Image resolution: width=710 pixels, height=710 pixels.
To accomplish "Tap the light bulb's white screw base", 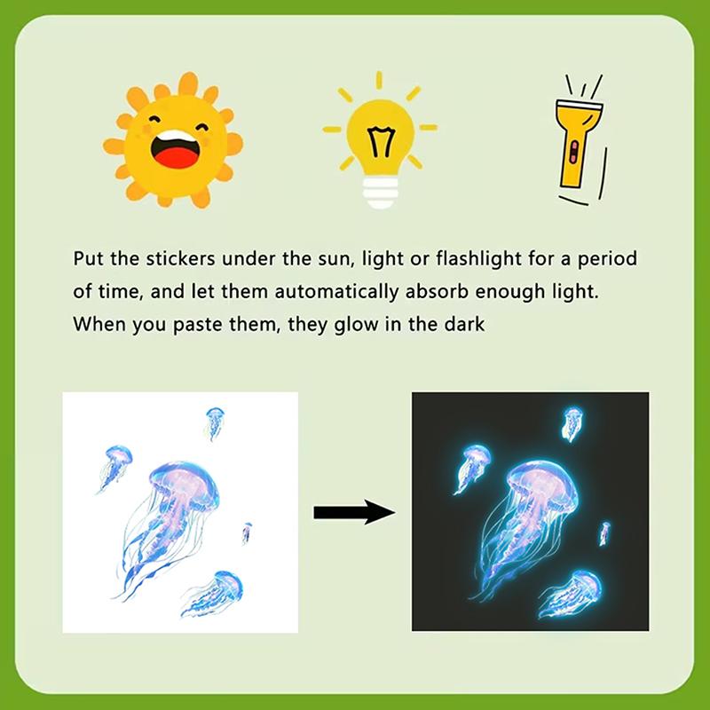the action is [381, 192].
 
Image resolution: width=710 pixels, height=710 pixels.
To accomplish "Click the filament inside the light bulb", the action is [381, 142].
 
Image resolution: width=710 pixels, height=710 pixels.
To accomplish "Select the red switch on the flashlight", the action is [574, 152].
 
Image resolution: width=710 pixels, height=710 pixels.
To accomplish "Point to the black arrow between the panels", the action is [354, 513].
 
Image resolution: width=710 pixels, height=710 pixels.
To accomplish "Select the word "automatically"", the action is [336, 293].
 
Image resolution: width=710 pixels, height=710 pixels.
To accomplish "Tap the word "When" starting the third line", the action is [98, 324].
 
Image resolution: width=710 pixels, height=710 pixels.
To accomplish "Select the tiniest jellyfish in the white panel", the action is [247, 533].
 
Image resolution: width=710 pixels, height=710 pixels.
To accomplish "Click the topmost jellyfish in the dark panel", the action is [572, 423].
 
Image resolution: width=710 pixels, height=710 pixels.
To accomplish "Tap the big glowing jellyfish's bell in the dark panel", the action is [543, 483].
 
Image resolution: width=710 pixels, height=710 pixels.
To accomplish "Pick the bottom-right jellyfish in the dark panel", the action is [572, 594].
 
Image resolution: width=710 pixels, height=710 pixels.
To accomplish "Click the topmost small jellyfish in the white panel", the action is [214, 423].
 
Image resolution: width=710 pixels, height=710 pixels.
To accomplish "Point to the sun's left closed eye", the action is [154, 120].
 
